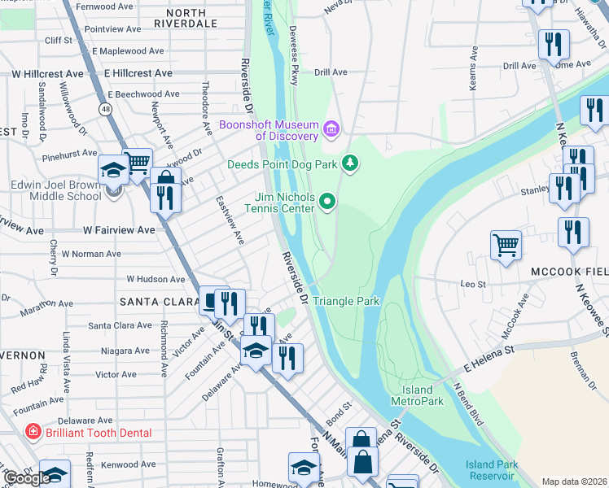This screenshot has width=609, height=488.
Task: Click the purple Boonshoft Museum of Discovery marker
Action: click(x=331, y=129)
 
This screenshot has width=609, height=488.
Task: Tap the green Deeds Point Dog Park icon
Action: click(x=350, y=164)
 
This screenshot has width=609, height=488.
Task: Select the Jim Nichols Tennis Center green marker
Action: click(x=327, y=201)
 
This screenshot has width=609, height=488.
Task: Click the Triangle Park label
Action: click(x=346, y=301)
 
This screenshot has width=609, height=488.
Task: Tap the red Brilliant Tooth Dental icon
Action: click(x=33, y=433)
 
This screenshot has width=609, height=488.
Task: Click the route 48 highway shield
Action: click(x=106, y=108)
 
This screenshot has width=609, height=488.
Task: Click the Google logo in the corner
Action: click(x=26, y=478)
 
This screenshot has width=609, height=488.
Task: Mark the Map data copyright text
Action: click(x=575, y=481)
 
